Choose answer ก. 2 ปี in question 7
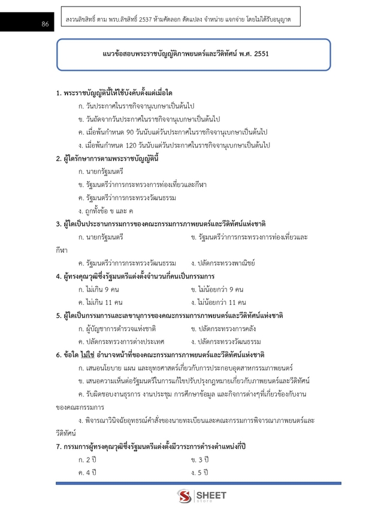(87, 460)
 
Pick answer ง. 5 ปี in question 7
(199, 473)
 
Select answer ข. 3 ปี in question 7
(199, 460)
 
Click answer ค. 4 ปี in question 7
(87, 473)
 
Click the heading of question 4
(135, 276)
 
